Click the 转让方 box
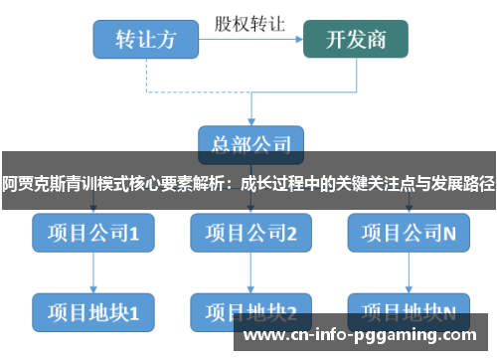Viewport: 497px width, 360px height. coord(145,40)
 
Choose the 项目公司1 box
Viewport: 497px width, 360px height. coord(92,234)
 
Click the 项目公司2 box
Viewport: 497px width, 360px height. coord(250,234)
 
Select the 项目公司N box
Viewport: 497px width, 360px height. coord(409,234)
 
